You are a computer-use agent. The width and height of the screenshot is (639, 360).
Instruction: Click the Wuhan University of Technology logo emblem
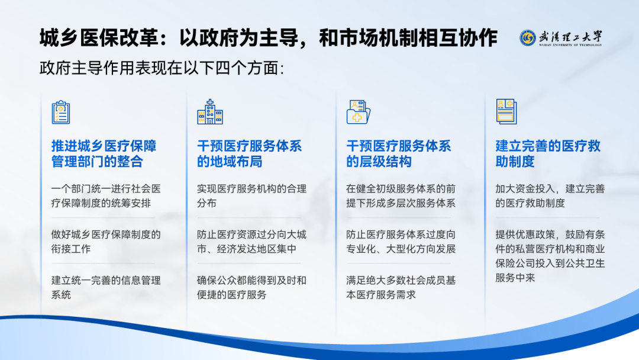(527, 38)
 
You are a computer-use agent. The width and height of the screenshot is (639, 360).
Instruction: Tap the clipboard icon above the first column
(61, 112)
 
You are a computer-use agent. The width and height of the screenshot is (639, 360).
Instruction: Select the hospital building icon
(210, 112)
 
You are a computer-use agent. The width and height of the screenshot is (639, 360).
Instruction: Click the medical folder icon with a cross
(358, 112)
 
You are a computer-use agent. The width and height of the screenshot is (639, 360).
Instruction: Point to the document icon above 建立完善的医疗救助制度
(506, 111)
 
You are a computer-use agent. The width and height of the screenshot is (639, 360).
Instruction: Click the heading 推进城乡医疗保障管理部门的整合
(104, 154)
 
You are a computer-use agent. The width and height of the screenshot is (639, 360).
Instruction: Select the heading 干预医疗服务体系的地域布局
(249, 154)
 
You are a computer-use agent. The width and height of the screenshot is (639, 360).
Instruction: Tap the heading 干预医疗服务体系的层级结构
(398, 154)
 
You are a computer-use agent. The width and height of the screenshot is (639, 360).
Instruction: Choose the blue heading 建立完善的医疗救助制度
(548, 154)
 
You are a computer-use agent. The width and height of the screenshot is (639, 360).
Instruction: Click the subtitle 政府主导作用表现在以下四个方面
(162, 68)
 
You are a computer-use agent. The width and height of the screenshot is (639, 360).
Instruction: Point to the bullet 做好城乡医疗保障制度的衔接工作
(106, 242)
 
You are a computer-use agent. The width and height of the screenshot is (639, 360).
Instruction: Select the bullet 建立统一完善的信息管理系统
(106, 287)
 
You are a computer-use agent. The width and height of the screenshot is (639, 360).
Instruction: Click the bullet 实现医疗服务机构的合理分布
(251, 196)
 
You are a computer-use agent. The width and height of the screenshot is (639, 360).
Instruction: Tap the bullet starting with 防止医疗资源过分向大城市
(251, 242)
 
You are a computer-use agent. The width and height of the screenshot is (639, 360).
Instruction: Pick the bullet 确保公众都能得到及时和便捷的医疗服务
(251, 287)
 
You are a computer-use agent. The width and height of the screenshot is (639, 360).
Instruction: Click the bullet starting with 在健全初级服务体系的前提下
(401, 196)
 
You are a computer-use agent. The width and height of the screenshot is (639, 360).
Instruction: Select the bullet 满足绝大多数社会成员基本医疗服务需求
(401, 287)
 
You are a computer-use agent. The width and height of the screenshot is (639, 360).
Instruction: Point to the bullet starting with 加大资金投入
(550, 196)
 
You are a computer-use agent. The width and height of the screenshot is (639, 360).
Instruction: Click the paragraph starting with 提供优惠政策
(550, 256)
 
